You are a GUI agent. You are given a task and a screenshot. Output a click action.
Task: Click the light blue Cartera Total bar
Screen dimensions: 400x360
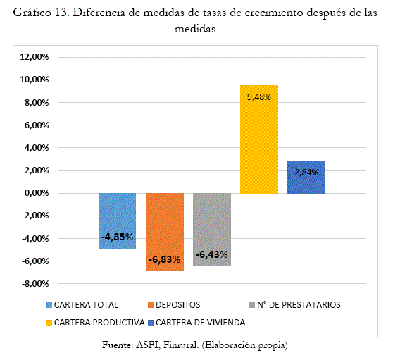[x=118, y=221]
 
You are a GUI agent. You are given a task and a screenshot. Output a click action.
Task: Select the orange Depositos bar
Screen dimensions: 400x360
[x=165, y=232]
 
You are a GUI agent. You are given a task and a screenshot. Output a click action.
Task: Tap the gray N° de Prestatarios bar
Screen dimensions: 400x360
[x=212, y=230]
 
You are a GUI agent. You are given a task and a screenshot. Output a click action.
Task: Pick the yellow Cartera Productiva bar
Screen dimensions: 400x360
[x=259, y=139]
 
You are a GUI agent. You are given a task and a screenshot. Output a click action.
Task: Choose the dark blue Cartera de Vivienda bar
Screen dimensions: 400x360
[x=306, y=177]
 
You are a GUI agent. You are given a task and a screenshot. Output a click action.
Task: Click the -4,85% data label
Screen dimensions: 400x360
[x=117, y=237]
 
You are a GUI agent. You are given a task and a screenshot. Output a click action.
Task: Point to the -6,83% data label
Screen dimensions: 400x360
[x=165, y=260]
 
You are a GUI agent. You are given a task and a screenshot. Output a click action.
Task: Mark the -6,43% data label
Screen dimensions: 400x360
[x=212, y=254]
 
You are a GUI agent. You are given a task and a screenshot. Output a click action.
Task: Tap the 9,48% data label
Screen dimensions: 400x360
[x=259, y=97]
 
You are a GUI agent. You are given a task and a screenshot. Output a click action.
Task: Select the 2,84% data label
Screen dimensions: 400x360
[x=306, y=173]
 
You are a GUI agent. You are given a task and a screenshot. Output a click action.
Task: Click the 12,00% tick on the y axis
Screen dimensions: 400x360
[x=35, y=57]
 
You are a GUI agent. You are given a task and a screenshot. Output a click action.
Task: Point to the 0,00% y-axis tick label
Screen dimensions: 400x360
[x=37, y=193]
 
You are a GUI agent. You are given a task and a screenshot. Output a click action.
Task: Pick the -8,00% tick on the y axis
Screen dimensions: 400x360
[x=35, y=284]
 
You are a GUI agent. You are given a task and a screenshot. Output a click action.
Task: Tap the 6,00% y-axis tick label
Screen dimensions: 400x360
[x=37, y=125]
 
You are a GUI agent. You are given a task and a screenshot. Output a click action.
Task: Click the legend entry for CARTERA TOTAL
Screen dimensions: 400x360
[x=82, y=305]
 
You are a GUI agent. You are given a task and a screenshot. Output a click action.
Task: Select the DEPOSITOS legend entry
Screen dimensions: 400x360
[x=174, y=305]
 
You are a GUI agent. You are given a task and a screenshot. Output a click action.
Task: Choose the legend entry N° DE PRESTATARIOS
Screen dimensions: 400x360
[x=295, y=305]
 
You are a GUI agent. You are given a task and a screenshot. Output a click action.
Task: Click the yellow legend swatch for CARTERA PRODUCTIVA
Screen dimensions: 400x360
[x=49, y=323]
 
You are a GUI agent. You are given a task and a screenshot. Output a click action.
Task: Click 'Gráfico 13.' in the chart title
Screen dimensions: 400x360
[x=41, y=13]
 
